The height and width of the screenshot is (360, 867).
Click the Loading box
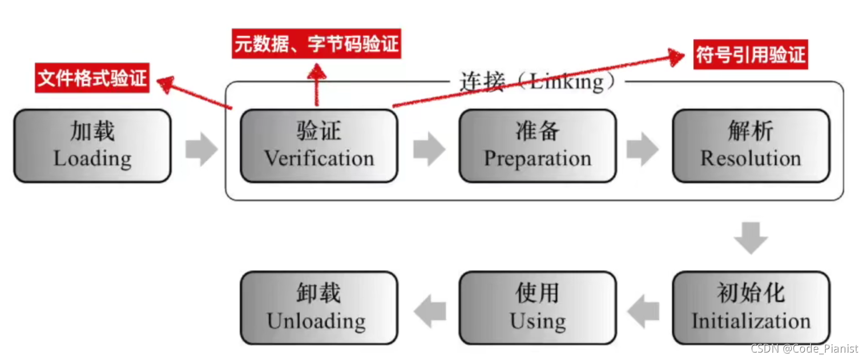click(92, 146)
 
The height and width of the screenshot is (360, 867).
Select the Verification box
click(319, 146)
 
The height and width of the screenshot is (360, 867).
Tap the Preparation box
click(538, 146)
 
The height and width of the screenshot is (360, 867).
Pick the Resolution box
click(751, 146)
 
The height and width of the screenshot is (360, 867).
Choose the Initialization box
click(751, 308)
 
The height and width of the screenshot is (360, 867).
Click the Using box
click(538, 308)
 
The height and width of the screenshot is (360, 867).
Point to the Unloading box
click(319, 308)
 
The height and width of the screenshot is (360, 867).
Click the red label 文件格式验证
click(92, 78)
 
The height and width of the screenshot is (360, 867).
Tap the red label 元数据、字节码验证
click(316, 44)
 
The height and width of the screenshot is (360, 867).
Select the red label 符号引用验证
click(751, 55)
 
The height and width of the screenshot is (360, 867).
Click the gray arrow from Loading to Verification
click(201, 149)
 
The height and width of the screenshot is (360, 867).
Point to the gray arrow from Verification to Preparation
click(429, 149)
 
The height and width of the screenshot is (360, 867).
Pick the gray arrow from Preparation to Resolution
click(643, 149)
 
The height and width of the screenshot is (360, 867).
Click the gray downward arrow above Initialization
click(751, 238)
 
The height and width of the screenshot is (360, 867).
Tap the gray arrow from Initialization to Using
click(643, 312)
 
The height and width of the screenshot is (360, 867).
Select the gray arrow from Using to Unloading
click(430, 312)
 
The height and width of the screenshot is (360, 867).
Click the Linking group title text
click(537, 82)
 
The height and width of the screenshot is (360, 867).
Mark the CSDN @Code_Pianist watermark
click(804, 349)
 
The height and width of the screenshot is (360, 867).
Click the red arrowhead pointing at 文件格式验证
click(166, 84)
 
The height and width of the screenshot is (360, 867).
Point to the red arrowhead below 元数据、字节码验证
click(317, 72)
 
